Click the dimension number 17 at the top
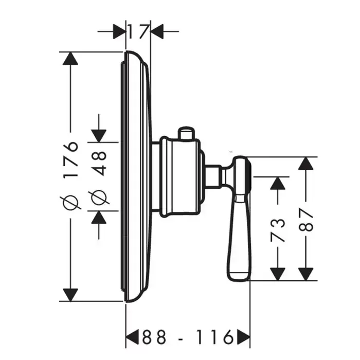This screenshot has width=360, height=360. pyautogui.click(x=137, y=32)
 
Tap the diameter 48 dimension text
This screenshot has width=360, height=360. pyautogui.click(x=99, y=164)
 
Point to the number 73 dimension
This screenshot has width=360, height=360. pyautogui.click(x=278, y=230)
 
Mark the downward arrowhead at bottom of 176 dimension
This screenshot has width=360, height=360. pyautogui.click(x=70, y=295)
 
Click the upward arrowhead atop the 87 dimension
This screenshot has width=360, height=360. pyautogui.click(x=306, y=164)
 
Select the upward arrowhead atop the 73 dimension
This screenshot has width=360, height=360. pyautogui.click(x=278, y=184)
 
